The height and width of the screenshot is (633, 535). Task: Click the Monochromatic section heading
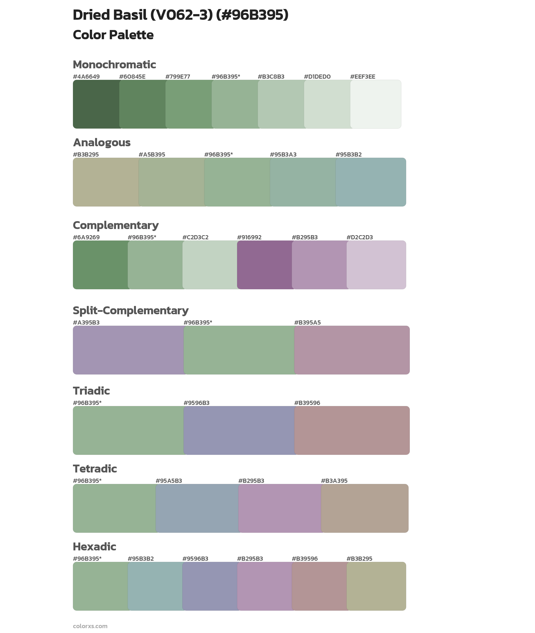[x=114, y=65]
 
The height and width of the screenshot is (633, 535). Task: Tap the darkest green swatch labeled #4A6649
[x=96, y=104]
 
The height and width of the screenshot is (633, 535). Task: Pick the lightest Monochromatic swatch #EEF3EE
[x=375, y=104]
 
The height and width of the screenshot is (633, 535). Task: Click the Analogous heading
[x=102, y=142]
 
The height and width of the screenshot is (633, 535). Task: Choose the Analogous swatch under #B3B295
[x=106, y=182]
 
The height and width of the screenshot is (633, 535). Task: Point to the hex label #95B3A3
[x=283, y=155]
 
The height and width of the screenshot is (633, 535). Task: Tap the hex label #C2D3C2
[x=195, y=237]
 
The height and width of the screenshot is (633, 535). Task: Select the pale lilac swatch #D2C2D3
[x=376, y=265]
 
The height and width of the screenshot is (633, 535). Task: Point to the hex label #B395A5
[x=307, y=322]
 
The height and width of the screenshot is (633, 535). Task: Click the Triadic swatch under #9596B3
[x=239, y=430]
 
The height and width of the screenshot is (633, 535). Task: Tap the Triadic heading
[x=91, y=391]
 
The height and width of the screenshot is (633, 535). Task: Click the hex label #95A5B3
[x=169, y=481]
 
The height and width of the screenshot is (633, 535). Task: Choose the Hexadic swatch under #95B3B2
[x=155, y=586]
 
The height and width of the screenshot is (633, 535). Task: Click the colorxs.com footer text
[x=90, y=626]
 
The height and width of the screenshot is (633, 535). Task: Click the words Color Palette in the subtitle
[x=113, y=35]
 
